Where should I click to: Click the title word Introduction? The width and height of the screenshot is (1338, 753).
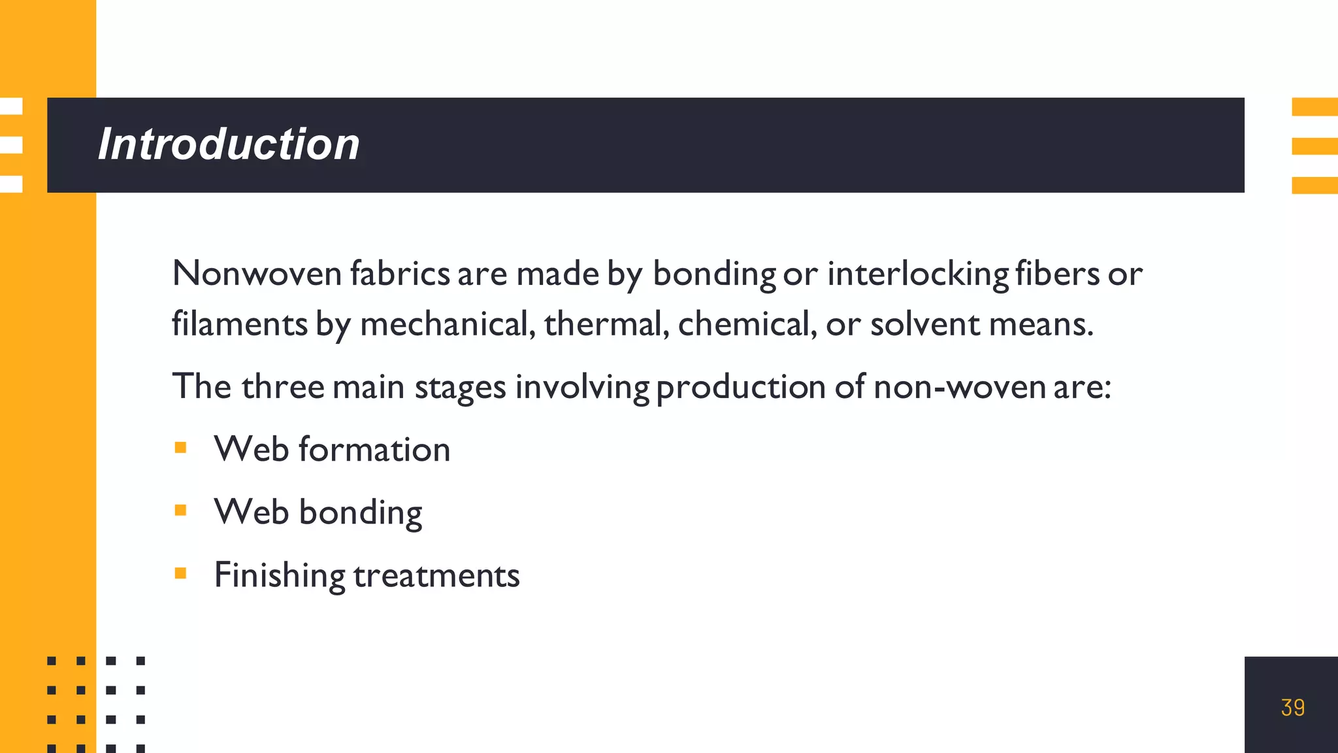coord(229,144)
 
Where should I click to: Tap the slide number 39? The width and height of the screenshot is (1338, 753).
coord(1292,708)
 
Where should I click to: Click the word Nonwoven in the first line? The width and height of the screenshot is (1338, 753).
coord(257,273)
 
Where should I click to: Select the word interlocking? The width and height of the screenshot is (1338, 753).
coord(918,273)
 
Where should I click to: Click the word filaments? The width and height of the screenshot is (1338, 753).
coord(239,324)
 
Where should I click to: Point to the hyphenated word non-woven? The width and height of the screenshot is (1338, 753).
coord(960,386)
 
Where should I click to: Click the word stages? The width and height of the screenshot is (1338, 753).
coord(461,386)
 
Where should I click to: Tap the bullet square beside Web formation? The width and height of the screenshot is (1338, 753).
coord(181,448)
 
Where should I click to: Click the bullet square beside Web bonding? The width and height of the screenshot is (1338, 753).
coord(181,510)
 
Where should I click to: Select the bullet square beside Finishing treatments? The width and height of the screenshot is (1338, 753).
coord(181,573)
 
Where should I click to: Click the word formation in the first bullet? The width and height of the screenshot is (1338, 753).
coord(374,450)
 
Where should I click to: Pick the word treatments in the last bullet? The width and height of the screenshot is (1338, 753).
coord(436,575)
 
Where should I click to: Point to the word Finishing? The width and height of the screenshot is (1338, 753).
coord(280,575)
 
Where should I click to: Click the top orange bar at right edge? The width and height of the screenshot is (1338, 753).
coord(1314,107)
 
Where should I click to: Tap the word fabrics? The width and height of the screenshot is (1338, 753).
coord(400,273)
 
